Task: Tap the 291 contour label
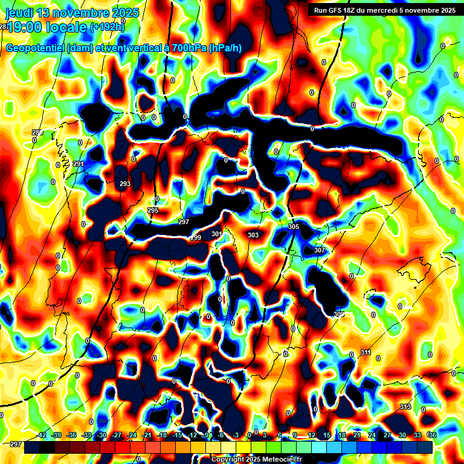78,164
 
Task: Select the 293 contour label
125,184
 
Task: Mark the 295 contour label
153,210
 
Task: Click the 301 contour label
217,234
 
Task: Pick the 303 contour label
253,235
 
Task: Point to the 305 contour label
294,227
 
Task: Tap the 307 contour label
320,250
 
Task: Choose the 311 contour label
366,352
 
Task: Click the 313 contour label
405,407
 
